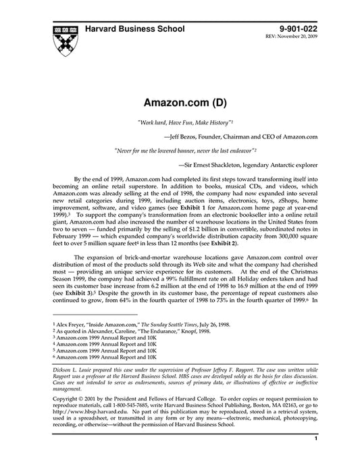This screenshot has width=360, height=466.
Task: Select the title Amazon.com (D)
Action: tap(180, 104)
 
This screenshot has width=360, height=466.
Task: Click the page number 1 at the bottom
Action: tap(316, 457)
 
